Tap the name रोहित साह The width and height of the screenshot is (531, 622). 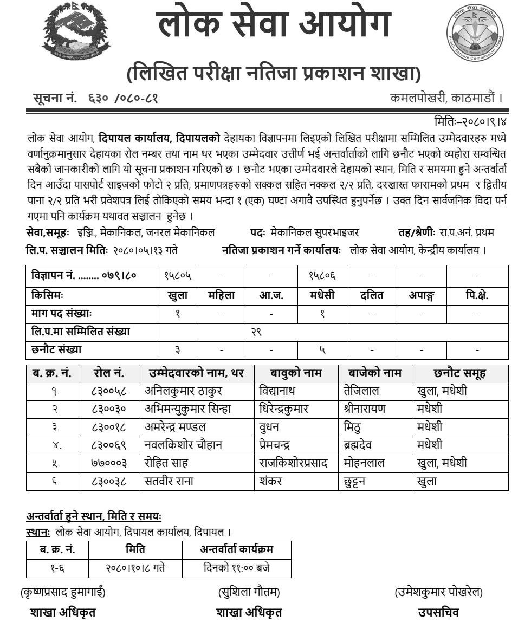coord(165,463)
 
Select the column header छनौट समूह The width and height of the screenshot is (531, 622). coord(460,373)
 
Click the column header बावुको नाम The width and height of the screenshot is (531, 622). coord(296,373)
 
